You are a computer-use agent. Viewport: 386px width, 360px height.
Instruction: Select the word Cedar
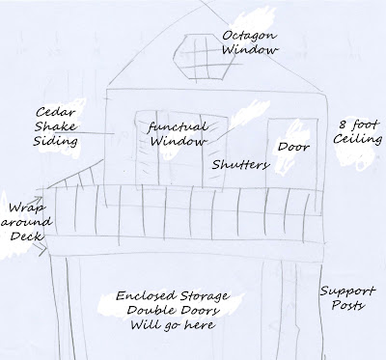55,113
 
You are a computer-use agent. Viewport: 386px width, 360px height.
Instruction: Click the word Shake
55,126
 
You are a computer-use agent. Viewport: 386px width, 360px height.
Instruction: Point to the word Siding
56,141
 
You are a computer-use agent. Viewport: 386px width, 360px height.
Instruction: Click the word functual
178,127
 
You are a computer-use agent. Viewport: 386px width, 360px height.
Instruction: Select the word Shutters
240,165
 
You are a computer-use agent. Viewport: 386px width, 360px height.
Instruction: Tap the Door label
293,147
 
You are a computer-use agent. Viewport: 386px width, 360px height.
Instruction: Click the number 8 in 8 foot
343,125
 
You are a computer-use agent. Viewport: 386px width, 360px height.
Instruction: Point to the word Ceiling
358,139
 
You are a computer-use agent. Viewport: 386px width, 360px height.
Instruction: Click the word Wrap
27,208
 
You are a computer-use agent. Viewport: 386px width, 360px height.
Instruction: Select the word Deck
26,236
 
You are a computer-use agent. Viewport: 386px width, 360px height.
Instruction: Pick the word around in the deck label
26,222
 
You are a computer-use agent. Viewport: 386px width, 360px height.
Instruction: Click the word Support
347,291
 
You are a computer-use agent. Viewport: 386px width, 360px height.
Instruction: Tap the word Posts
348,305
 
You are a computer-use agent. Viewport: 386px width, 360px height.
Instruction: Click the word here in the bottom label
199,324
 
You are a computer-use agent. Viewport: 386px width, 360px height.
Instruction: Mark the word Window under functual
179,141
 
